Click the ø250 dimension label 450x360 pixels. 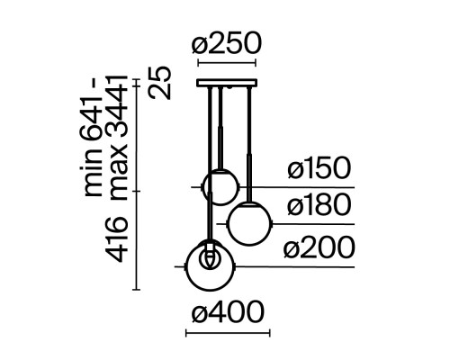point(227,43)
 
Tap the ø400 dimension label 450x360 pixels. point(228,312)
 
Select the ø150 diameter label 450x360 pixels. point(319,168)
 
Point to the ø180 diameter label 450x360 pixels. point(319,204)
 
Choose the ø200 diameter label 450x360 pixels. point(319,247)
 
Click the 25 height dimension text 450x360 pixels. point(160,83)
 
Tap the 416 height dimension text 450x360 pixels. point(118,238)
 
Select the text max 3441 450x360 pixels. point(118,138)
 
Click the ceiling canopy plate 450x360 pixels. point(227,83)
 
